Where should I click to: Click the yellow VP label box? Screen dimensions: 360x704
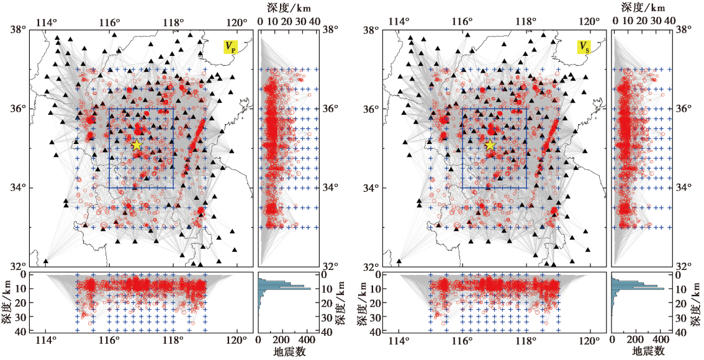click(x=230, y=47)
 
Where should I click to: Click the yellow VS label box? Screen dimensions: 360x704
click(x=584, y=47)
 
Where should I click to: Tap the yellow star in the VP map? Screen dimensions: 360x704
click(x=137, y=145)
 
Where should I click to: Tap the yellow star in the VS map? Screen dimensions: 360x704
click(x=490, y=145)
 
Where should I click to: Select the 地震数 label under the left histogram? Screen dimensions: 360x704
click(x=287, y=351)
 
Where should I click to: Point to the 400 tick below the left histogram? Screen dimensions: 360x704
click(x=305, y=340)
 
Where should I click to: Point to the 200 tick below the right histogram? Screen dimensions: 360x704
click(x=635, y=340)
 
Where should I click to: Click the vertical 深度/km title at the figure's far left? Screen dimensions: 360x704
click(x=7, y=302)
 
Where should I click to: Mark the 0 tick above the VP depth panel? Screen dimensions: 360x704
click(x=260, y=20)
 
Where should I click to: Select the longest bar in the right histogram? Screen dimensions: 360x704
click(x=638, y=289)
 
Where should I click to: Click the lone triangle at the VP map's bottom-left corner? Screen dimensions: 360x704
click(x=45, y=261)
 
